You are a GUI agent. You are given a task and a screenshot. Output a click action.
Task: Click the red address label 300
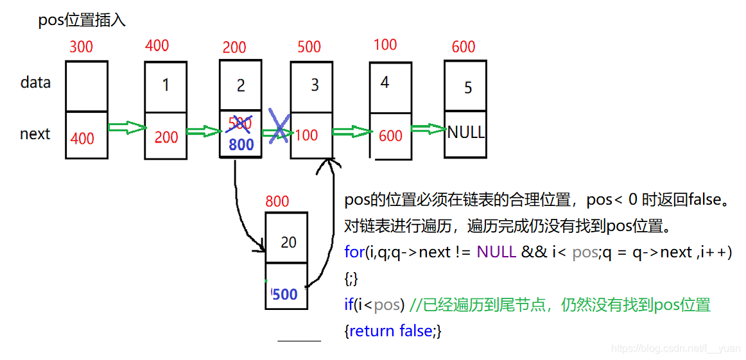tap(81, 46)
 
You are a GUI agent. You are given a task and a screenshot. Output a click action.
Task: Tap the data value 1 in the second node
tap(166, 85)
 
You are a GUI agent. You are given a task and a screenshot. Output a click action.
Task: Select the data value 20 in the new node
tap(289, 242)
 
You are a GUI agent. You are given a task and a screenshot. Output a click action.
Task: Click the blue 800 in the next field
tap(241, 145)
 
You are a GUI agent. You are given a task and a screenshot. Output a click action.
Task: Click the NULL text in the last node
tap(466, 132)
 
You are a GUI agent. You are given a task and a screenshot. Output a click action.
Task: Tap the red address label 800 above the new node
tap(277, 201)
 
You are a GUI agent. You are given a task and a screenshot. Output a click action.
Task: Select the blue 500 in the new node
tap(285, 295)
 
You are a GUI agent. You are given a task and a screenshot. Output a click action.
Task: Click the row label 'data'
tap(35, 83)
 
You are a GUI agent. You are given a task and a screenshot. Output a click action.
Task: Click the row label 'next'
tap(35, 134)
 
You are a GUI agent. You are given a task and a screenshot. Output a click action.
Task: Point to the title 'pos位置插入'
tap(82, 20)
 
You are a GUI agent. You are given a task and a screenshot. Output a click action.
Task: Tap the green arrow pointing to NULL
tap(428, 129)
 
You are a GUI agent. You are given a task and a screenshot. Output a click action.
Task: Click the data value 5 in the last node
tap(468, 87)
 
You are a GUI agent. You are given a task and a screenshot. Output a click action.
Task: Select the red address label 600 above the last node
tap(464, 47)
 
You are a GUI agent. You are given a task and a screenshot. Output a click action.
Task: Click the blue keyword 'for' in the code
tap(354, 252)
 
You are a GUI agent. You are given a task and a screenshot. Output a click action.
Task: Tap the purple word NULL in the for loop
tap(496, 252)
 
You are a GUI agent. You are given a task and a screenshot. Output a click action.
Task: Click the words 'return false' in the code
tap(392, 331)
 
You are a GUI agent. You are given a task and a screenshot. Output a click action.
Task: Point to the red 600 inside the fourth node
tap(390, 135)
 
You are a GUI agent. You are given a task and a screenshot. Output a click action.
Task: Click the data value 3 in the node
tap(315, 85)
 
